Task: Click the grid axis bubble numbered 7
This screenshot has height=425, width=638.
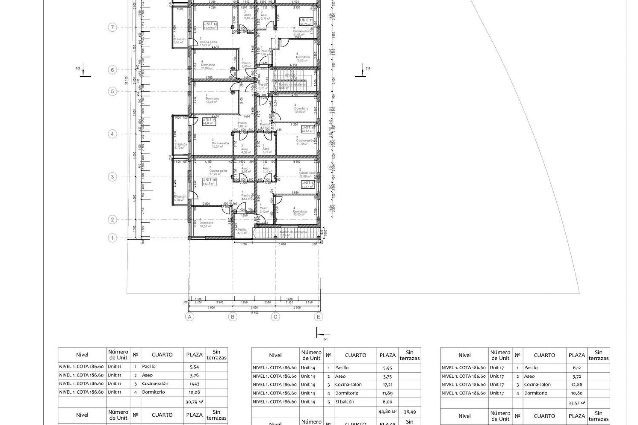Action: click(112, 27)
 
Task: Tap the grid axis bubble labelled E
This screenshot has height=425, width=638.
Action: click(318, 317)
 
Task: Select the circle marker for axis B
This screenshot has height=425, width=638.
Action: click(233, 317)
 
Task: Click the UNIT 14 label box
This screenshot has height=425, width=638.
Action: click(210, 26)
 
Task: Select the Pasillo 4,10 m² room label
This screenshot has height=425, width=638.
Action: click(242, 231)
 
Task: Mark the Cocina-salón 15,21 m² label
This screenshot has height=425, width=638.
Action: click(221, 145)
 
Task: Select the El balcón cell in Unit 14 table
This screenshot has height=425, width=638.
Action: click(345, 402)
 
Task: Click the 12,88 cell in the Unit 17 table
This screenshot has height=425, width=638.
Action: click(576, 385)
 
